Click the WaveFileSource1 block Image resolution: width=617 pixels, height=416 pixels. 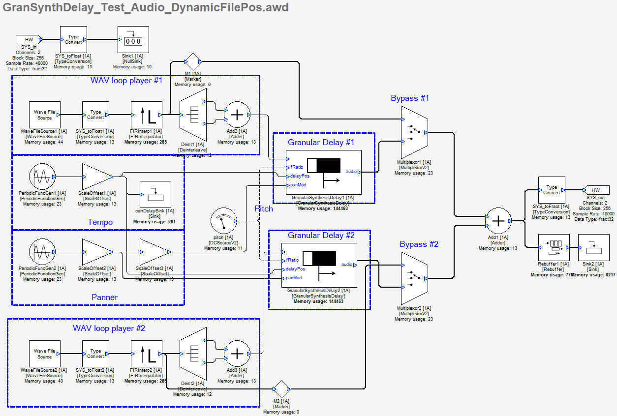click(44, 115)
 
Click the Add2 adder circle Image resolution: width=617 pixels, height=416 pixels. click(237, 115)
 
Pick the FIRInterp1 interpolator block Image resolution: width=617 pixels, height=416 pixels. click(146, 115)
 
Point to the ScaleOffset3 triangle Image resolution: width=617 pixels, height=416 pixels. click(154, 252)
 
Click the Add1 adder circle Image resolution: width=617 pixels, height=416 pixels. click(498, 221)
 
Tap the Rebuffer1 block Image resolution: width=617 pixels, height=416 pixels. click(554, 247)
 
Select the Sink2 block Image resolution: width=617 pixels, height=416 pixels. click(593, 247)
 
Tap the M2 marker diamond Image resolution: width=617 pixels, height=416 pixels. click(281, 389)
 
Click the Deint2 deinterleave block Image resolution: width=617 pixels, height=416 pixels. click(192, 354)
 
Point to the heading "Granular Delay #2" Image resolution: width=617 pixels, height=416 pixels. click(321, 236)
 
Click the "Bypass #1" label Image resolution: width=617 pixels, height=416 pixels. click(410, 98)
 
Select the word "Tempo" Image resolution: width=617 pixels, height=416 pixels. click(100, 222)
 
